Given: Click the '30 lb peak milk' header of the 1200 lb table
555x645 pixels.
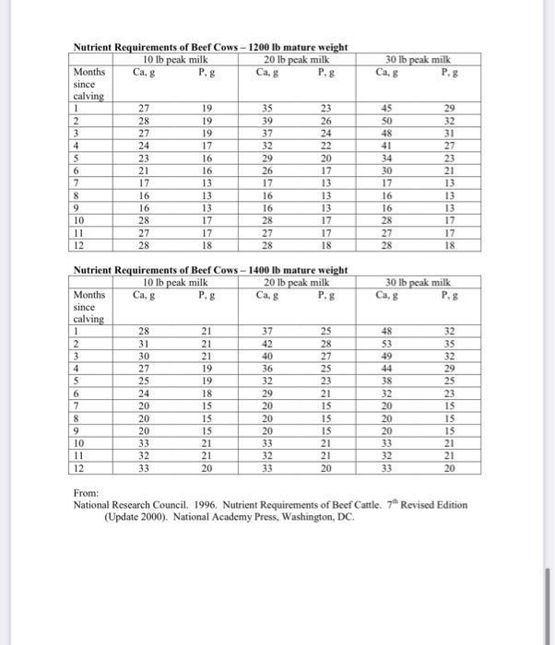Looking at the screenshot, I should coord(419,59).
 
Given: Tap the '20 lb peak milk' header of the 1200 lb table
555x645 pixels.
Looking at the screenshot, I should coord(293,59).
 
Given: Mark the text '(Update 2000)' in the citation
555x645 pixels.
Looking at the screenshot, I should coord(135,517).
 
